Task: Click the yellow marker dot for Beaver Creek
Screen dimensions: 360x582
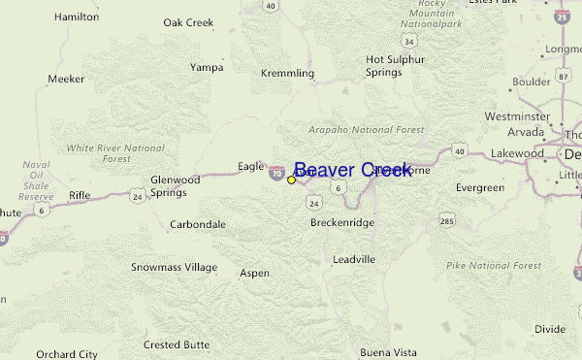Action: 291,180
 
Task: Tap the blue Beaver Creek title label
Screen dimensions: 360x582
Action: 353,170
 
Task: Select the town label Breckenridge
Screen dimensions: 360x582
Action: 342,222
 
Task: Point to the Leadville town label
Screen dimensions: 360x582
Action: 353,260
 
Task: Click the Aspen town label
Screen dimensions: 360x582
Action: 255,274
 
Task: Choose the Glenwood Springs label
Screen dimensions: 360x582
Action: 175,185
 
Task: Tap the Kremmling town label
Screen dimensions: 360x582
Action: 287,73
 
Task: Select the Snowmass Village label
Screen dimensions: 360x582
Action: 175,267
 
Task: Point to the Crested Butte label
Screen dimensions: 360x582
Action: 177,344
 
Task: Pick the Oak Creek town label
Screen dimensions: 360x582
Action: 188,21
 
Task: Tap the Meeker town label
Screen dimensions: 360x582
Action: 67,79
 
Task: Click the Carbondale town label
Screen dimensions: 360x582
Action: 198,224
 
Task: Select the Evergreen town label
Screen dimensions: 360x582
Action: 480,187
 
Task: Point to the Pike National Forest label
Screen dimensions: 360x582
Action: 494,265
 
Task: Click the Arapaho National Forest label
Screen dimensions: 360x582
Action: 352,129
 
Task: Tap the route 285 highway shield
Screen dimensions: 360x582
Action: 447,222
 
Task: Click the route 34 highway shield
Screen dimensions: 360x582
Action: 411,42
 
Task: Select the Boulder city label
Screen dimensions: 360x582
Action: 532,82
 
